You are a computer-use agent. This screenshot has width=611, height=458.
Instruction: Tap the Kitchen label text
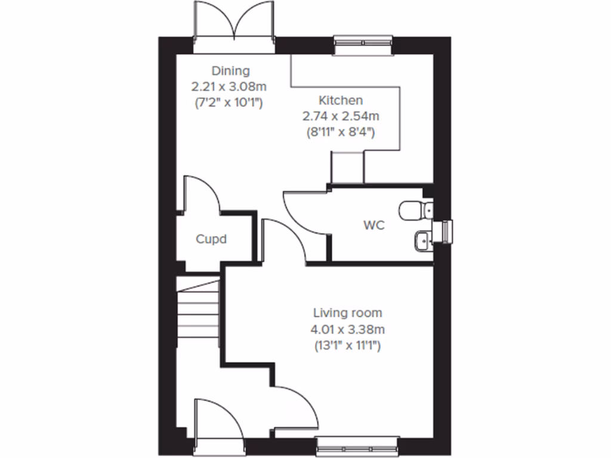(340, 100)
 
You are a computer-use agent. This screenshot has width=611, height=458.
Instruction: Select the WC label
(374, 225)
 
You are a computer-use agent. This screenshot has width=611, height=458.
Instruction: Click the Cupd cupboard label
(212, 240)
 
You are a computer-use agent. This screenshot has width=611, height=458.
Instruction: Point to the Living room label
(348, 312)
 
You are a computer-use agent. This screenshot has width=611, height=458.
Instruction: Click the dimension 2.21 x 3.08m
(230, 87)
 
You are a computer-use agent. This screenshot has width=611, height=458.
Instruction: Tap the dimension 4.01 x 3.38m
(348, 329)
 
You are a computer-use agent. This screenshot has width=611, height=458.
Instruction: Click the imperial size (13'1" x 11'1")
(348, 345)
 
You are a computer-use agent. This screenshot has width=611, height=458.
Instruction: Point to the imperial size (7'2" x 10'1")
(230, 103)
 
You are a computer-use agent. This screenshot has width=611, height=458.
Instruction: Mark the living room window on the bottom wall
(357, 444)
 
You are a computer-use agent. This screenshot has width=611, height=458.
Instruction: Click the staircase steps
(198, 313)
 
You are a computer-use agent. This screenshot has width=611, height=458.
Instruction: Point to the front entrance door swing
(218, 420)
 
